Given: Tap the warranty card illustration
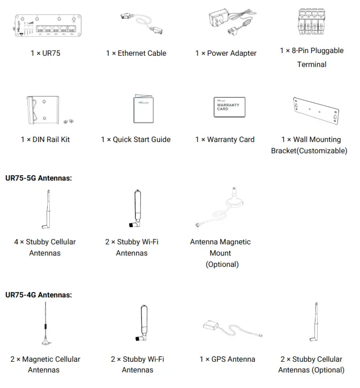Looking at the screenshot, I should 229,107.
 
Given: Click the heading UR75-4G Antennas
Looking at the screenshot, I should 38,295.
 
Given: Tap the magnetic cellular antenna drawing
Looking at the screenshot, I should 45,324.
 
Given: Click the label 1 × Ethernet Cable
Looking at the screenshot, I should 136,53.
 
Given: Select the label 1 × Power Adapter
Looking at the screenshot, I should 226,53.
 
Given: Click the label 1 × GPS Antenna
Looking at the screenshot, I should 227,359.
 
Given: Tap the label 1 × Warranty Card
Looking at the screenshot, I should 224,139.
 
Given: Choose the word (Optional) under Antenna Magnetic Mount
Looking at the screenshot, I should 222,264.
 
